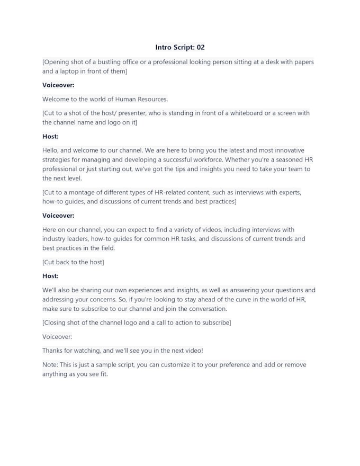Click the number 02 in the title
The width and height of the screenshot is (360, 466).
[x=200, y=47]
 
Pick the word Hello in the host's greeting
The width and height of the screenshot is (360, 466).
[x=51, y=150]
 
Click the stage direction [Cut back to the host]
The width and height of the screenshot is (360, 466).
[x=73, y=262]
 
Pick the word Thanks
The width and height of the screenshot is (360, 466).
[x=53, y=351]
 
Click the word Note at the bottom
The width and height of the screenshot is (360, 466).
[x=50, y=365]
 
